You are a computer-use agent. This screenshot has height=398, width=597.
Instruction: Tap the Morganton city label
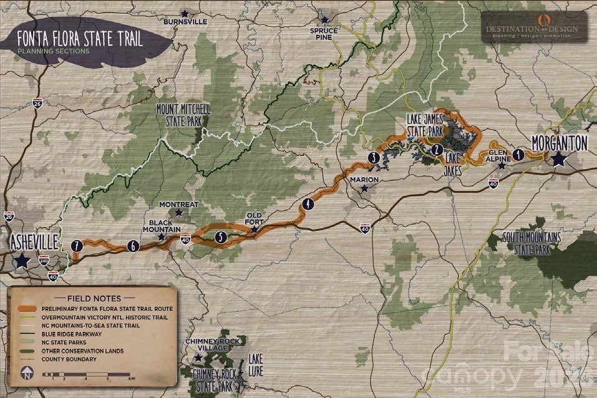(559, 143)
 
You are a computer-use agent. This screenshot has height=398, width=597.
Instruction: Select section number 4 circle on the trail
(308, 204)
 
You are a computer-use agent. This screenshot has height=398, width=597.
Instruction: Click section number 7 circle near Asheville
(77, 245)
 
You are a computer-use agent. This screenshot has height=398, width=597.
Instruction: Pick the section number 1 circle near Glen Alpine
(518, 153)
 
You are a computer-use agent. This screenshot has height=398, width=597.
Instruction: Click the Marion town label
(364, 180)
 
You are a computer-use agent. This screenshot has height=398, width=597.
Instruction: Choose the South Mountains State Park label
(532, 242)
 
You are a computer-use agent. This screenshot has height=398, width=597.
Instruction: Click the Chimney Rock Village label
(208, 345)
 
